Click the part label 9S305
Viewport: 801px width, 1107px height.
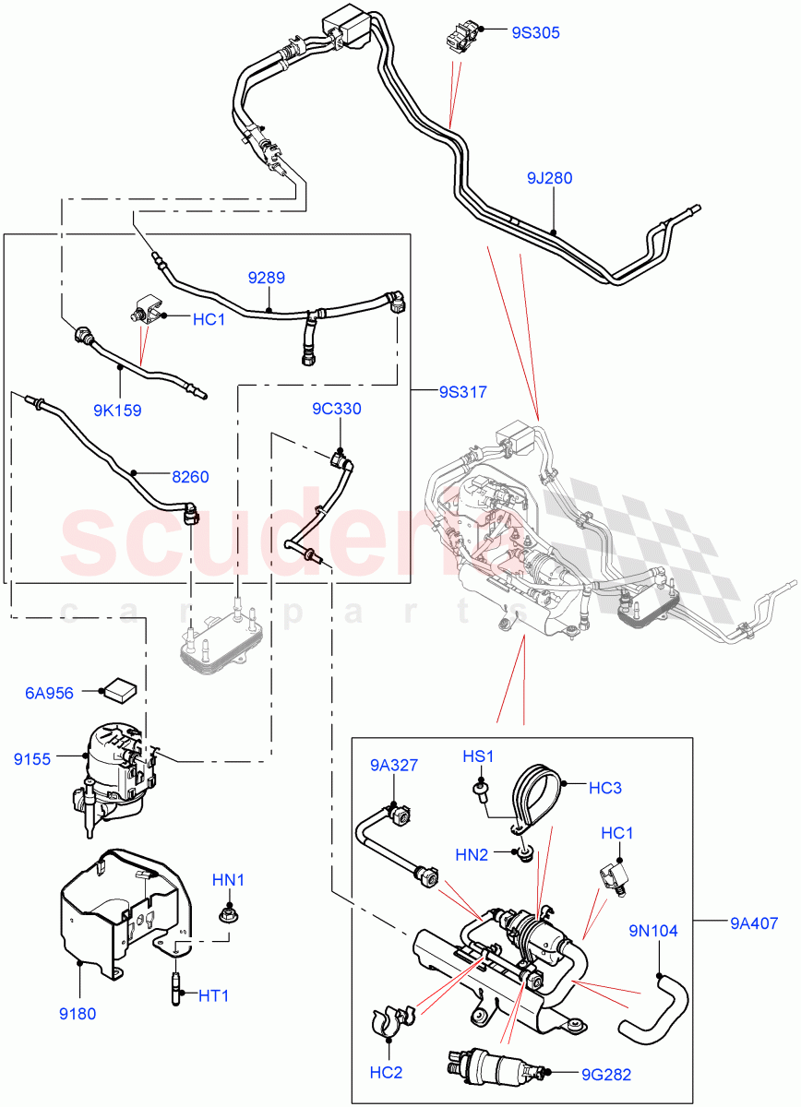(x=535, y=32)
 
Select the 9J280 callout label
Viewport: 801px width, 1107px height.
(x=550, y=178)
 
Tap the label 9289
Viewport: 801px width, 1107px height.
(x=266, y=277)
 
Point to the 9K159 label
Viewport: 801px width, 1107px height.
(x=116, y=411)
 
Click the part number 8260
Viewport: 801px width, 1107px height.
(x=190, y=477)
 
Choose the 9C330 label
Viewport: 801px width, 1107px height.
(x=336, y=409)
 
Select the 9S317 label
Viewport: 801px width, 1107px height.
(x=461, y=391)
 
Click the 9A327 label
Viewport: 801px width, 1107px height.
(x=395, y=764)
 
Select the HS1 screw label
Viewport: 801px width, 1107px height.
(x=478, y=757)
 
